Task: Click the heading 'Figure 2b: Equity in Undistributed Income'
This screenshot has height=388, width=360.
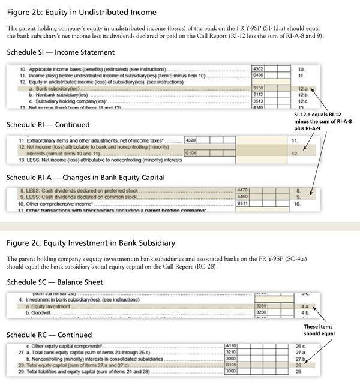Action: point(81,12)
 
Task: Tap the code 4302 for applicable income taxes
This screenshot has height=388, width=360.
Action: point(259,70)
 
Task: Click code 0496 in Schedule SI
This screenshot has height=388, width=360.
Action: point(259,76)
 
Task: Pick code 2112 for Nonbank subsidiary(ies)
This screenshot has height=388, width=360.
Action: point(259,95)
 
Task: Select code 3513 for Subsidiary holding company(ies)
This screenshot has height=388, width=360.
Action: point(259,101)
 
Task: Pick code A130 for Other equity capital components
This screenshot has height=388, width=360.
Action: point(230,346)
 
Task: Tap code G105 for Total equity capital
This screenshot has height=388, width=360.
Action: point(230,366)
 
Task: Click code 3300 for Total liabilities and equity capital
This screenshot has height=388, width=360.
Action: point(230,372)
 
